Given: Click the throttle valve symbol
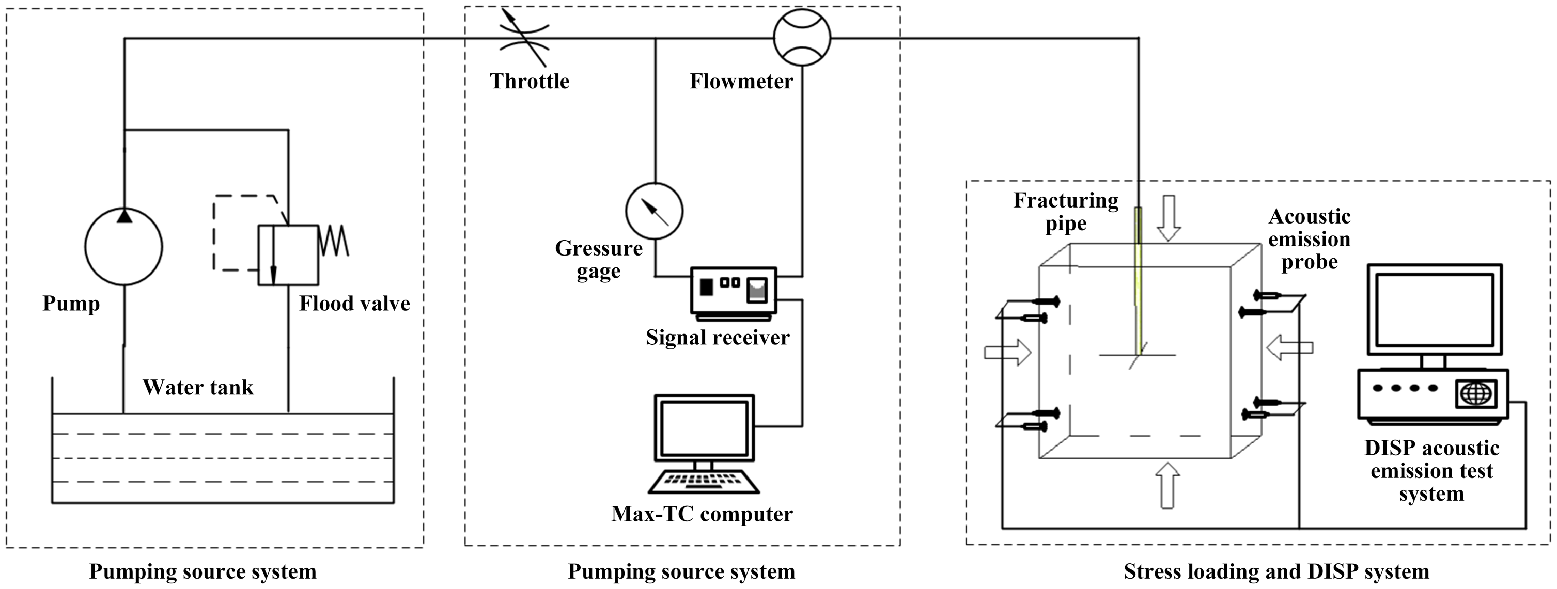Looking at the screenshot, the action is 523,38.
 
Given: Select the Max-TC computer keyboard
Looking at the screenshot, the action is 704,482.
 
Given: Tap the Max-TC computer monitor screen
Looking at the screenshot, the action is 704,428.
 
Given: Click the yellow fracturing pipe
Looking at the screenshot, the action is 1139,281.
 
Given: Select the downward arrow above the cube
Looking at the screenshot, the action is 1169,218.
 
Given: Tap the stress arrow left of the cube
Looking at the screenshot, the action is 1007,352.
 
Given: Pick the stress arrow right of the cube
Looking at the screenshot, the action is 1290,348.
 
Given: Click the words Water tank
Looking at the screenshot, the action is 198,387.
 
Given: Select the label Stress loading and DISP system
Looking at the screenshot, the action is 1276,571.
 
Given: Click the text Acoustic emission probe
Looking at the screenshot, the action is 1309,239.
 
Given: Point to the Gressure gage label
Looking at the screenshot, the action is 598,260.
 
